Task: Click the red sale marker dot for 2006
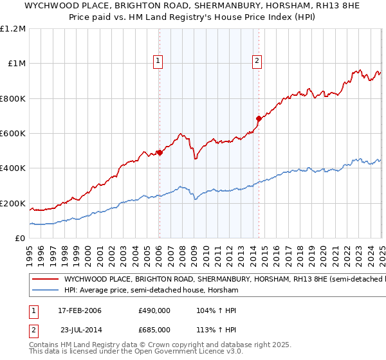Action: [x=160, y=152]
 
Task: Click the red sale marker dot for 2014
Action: [x=259, y=118]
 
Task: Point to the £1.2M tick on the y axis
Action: [x=14, y=29]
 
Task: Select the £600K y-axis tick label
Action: [x=14, y=134]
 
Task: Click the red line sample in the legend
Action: [x=44, y=280]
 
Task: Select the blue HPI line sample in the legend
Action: [x=44, y=291]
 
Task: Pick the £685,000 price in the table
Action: [x=154, y=330]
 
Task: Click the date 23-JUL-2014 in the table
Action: [x=80, y=330]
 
